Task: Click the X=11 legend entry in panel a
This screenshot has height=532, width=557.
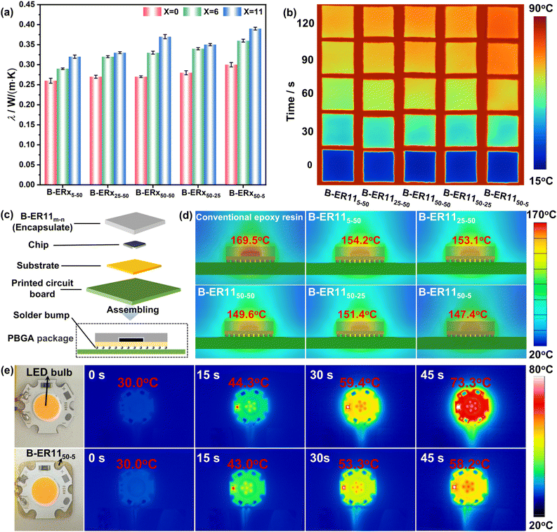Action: coord(243,12)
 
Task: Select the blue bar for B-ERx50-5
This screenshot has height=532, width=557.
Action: coord(255,107)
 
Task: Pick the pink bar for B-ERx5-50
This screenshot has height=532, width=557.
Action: coord(51,133)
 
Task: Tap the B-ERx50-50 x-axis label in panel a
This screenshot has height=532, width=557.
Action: coord(155,194)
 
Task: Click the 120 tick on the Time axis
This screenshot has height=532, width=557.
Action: coord(306,23)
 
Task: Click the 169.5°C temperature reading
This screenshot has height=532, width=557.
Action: coord(250,240)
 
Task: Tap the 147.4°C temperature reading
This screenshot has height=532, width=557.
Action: coord(468,314)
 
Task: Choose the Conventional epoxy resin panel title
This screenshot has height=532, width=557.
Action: coord(249,217)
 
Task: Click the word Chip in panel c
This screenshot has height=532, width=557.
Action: coord(39,245)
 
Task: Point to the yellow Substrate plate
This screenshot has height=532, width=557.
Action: coord(134,266)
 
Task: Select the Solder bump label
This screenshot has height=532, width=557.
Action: coord(41,315)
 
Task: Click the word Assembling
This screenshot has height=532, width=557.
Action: coord(133,310)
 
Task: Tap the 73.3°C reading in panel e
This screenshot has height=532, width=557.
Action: coord(471,383)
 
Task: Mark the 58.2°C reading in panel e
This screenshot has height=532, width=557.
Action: coord(470,464)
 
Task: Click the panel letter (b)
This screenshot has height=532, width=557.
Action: coord(289,13)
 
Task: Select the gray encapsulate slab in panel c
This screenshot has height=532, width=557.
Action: coord(135,223)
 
